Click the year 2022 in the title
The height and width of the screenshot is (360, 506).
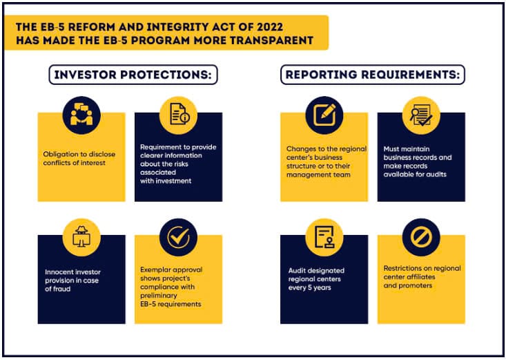270,27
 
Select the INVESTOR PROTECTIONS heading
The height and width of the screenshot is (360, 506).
133,75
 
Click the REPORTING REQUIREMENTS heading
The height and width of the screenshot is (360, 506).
372,75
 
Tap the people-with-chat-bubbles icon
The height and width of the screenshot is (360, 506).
81,115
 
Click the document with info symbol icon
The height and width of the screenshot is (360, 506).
179,114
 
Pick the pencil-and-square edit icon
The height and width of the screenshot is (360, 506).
324,115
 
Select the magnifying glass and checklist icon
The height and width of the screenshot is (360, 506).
421,115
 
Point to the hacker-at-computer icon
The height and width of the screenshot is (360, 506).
81,236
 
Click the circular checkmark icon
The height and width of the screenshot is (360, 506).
179,237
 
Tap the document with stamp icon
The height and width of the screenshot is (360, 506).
324,237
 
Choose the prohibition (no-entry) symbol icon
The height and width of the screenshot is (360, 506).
421,237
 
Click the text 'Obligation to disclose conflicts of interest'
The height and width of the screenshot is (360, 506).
79,158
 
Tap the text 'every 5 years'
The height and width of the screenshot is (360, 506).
309,287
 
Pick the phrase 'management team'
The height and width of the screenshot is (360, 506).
318,175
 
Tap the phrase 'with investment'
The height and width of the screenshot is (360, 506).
166,181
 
